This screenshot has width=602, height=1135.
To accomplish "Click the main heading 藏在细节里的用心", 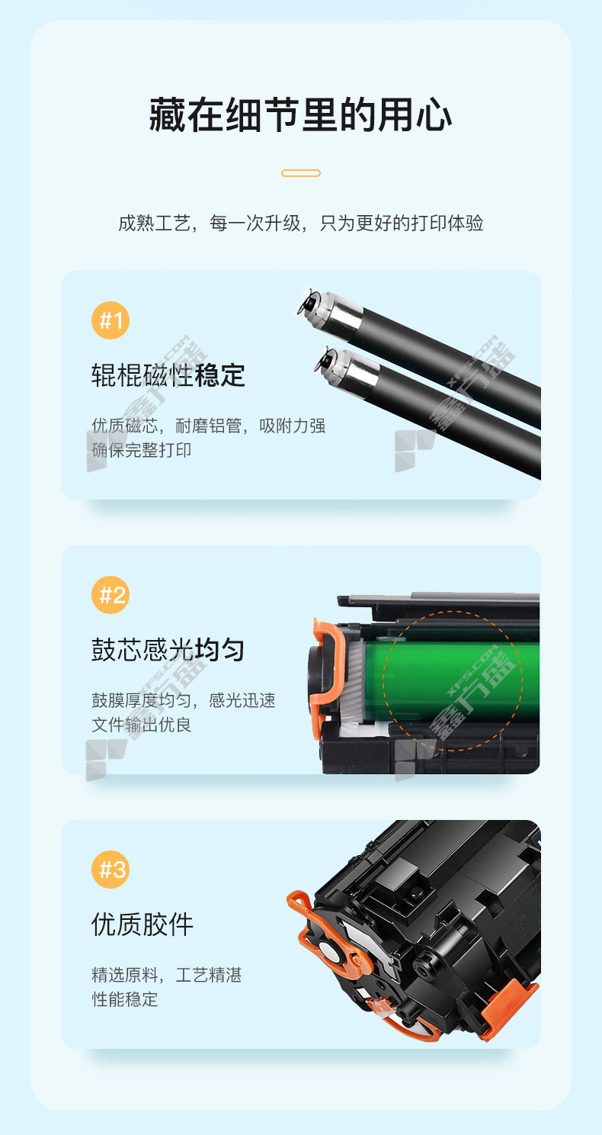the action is click(x=301, y=115).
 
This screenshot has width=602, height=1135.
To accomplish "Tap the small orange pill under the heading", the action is click(x=301, y=173).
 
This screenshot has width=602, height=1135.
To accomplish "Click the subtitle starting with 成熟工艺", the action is click(x=301, y=223).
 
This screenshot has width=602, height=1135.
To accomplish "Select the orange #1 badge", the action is click(x=110, y=320).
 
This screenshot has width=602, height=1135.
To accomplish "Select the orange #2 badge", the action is click(x=110, y=595).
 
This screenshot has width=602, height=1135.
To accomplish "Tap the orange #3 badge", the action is click(x=110, y=870).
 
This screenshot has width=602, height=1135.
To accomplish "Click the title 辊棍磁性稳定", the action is click(x=168, y=375).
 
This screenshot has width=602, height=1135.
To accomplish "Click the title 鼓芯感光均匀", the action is click(x=168, y=650).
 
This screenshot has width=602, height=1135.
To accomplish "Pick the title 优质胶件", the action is click(x=142, y=924).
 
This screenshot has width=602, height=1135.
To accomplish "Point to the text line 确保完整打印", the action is click(x=141, y=450).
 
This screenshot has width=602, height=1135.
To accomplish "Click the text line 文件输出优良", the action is click(x=141, y=725).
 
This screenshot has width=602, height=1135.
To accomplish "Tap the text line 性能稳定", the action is click(x=124, y=999).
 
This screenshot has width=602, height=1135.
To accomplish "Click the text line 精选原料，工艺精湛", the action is click(x=167, y=975).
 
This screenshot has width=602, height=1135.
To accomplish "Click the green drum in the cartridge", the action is click(x=450, y=679).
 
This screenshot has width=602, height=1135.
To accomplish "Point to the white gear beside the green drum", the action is click(x=354, y=681).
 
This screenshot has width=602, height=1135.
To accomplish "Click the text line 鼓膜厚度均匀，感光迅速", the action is click(x=184, y=700).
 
